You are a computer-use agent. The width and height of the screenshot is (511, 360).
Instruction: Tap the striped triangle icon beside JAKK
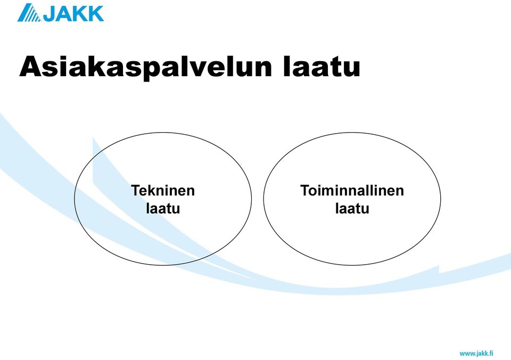[29, 13]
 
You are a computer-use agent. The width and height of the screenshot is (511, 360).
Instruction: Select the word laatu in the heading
[322, 67]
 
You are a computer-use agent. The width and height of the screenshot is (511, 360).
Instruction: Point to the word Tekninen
[163, 191]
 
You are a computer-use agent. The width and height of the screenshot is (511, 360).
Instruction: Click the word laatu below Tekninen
[163, 208]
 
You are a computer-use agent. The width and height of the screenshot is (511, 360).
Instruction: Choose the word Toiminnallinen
[352, 191]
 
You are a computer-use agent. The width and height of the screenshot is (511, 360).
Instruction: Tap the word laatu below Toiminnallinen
[352, 208]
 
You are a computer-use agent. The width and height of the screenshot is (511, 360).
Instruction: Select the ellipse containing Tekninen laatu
[75, 199]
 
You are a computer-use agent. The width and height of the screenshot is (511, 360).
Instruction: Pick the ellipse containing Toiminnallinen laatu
[263, 199]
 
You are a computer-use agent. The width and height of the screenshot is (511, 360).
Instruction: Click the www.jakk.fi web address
[476, 354]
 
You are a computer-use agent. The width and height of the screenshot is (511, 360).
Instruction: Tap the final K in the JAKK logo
[96, 14]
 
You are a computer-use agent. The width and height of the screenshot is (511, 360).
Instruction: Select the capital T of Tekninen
[135, 191]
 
